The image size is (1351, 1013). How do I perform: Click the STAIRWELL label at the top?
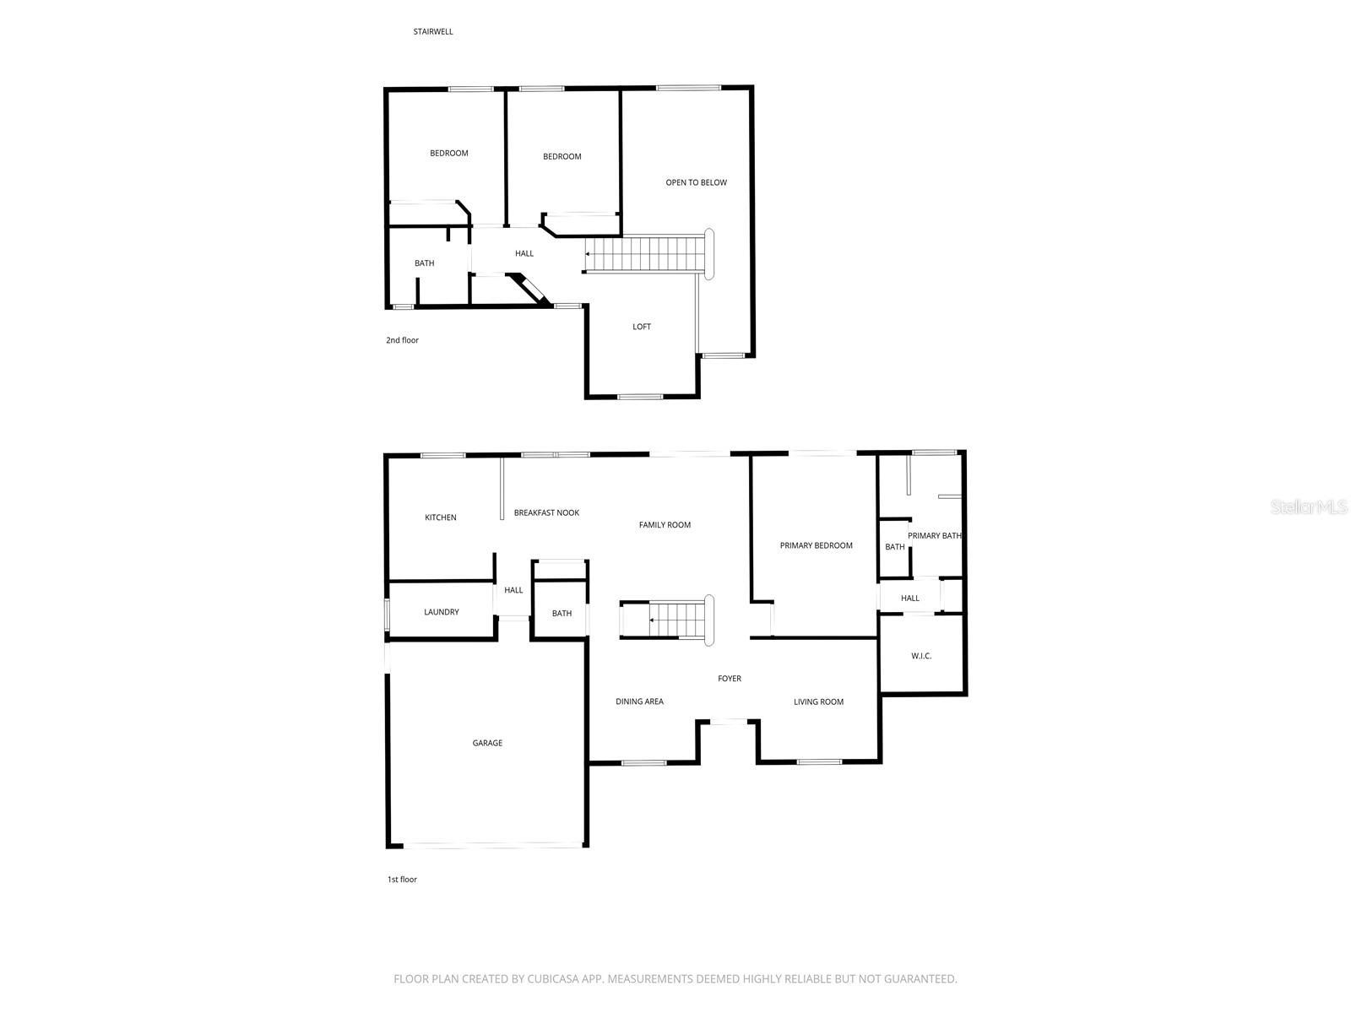tap(433, 32)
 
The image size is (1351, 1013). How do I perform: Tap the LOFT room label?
tap(642, 327)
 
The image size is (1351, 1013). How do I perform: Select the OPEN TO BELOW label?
tap(696, 182)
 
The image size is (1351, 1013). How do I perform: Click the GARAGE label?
tap(487, 743)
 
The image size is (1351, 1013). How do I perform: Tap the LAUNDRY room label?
tap(442, 612)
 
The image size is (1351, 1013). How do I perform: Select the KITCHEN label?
tap(441, 517)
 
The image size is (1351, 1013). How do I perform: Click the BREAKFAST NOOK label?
tap(546, 512)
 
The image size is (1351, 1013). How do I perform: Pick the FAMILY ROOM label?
tap(665, 525)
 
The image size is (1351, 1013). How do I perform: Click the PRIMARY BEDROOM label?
tap(816, 545)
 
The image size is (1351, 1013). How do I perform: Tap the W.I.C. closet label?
tap(921, 656)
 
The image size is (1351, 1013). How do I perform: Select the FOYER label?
tap(730, 679)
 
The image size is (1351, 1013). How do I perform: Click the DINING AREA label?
tap(639, 702)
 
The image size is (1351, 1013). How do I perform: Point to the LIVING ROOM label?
tap(818, 702)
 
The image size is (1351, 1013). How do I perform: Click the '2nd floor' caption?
tap(402, 340)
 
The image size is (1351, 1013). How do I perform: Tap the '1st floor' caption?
tap(402, 880)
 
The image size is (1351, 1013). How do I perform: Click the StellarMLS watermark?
tap(1310, 506)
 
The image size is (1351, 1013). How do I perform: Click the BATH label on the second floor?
tap(424, 263)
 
